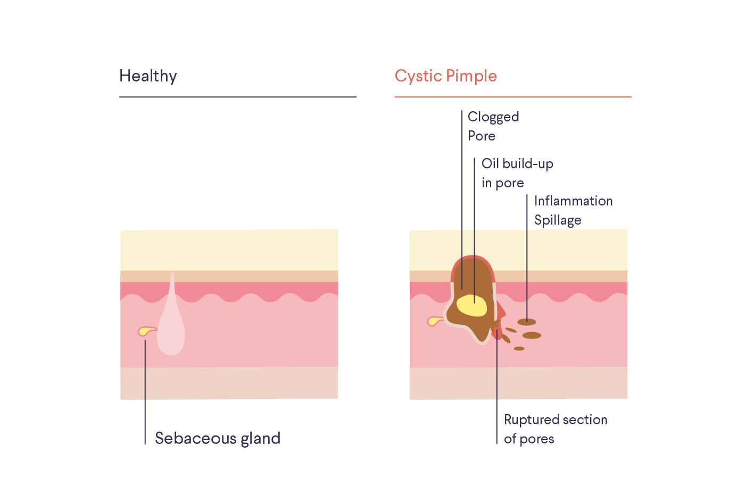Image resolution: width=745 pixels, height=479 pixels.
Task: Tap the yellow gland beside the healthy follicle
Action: [145, 332]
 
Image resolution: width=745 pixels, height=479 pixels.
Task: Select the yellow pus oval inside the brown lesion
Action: [471, 305]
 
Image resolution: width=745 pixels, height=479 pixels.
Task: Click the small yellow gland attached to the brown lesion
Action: [434, 321]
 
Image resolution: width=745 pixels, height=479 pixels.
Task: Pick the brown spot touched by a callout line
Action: [527, 322]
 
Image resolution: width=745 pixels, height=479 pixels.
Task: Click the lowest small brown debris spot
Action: [519, 349]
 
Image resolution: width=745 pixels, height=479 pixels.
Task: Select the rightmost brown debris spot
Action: [532, 335]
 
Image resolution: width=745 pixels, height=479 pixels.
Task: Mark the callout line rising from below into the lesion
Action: [497, 367]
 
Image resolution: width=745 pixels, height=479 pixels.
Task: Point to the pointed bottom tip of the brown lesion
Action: [482, 339]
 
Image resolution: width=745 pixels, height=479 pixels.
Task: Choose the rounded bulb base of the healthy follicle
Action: [171, 343]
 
